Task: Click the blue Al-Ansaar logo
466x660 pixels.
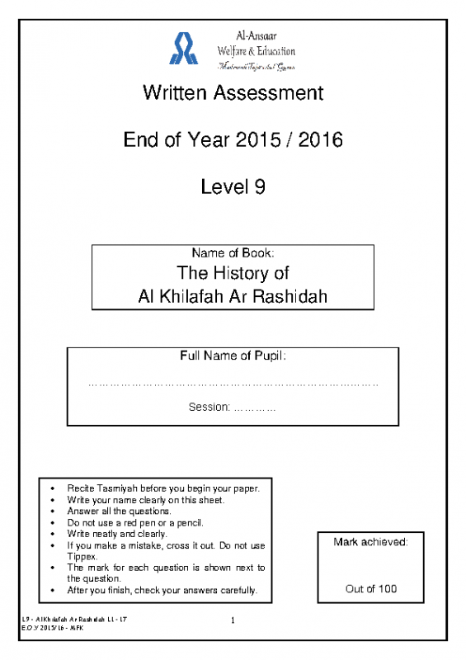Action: pos(183,48)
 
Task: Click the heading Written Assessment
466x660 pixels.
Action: pos(233,92)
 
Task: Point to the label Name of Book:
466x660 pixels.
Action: pos(233,253)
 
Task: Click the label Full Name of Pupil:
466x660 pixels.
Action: pos(233,356)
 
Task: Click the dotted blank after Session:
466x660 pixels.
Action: pos(256,407)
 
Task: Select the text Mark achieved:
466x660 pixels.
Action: pos(370,542)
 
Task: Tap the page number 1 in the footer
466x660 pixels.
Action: pos(233,620)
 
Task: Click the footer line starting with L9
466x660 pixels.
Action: pos(74,618)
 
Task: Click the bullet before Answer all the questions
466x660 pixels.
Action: pos(54,511)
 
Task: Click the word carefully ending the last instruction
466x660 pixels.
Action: pos(236,591)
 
